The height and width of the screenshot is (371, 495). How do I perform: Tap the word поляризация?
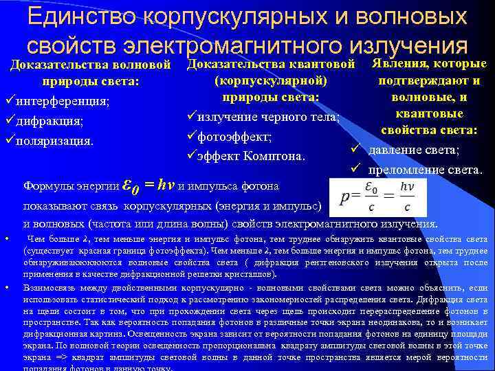pos(58,142)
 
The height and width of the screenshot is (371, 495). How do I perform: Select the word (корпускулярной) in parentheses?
pos(269,81)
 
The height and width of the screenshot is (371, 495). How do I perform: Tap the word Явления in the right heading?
pos(399,64)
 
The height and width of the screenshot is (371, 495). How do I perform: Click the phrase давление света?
pos(413,150)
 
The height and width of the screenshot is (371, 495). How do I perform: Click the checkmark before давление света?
pos(355,150)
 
